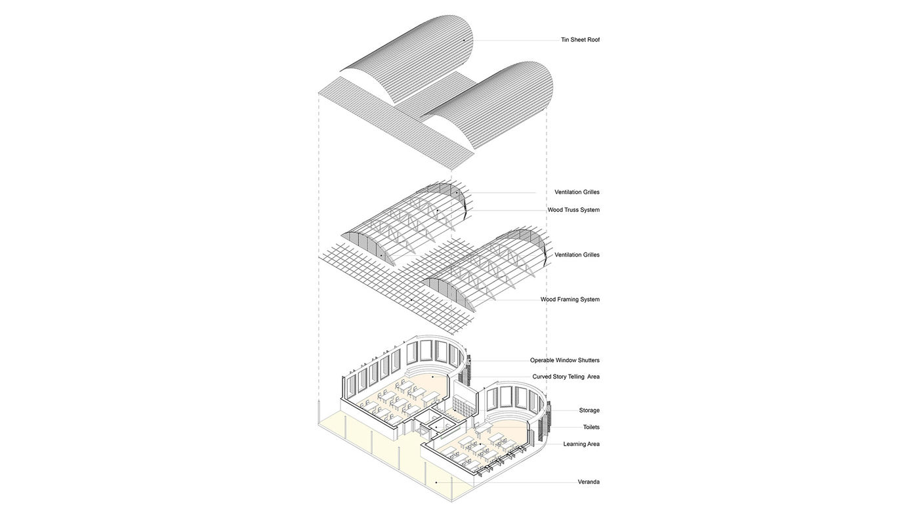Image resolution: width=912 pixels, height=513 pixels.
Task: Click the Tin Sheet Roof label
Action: click(x=580, y=40)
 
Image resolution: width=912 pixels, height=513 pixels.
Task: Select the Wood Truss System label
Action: click(x=573, y=210)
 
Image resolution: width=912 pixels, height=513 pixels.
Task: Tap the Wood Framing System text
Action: click(x=570, y=299)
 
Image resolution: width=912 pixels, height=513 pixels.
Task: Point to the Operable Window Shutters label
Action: click(x=564, y=360)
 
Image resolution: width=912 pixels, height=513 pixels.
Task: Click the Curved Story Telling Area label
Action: click(x=566, y=377)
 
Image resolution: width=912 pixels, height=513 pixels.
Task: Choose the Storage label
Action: click(x=589, y=410)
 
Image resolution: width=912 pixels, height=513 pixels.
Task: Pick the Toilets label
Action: click(x=591, y=427)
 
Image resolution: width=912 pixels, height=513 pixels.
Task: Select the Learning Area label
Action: click(x=581, y=444)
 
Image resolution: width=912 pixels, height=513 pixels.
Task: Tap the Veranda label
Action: click(x=589, y=482)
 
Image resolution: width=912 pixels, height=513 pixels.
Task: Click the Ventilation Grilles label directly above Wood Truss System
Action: click(x=577, y=192)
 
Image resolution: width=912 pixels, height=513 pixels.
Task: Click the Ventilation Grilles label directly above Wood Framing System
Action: click(x=577, y=255)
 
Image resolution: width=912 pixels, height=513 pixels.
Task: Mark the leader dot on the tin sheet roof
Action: click(x=464, y=41)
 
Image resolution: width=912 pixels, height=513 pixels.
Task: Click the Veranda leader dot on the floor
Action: click(x=436, y=482)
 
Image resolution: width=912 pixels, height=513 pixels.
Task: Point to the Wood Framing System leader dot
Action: click(x=411, y=300)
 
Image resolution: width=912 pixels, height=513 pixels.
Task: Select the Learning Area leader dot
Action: click(x=481, y=444)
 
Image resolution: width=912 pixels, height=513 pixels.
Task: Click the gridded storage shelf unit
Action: click(x=465, y=401)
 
